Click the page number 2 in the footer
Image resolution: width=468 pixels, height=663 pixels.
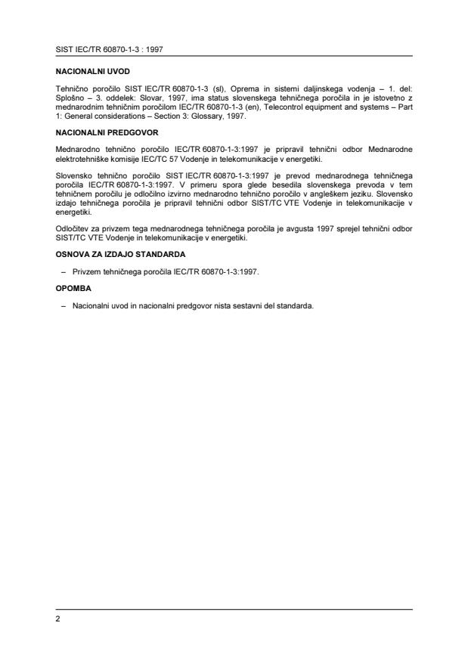coord(57,619)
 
